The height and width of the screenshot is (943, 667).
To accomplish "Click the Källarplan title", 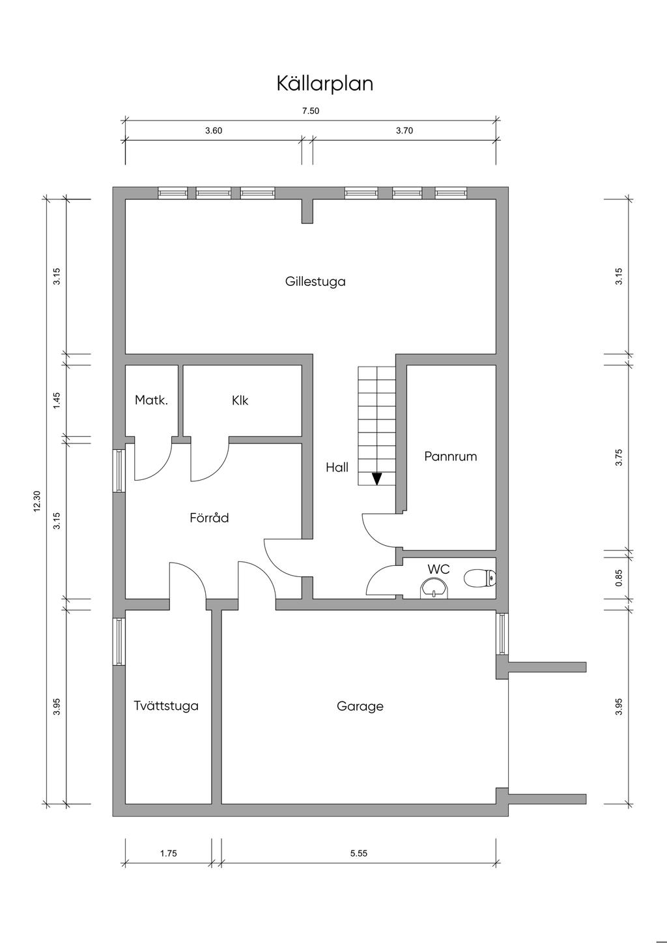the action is pos(324,84).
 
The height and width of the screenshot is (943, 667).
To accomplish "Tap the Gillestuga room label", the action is pos(315,281).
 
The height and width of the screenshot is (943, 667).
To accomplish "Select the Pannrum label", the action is pos(451,457).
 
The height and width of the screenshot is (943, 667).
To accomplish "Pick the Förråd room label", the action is pos(209,517).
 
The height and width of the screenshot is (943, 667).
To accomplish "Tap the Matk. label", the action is pos(151,400).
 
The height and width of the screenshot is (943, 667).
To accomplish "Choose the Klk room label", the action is pos(240,400).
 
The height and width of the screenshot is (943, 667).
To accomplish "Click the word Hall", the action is pos(337,467).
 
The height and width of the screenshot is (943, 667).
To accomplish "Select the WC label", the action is pos(439,569).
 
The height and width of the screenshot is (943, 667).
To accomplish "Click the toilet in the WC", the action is pos(479,578).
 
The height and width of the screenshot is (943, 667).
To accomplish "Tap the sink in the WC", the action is pos(435,587).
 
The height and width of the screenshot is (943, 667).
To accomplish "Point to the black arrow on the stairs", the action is pos(377,479).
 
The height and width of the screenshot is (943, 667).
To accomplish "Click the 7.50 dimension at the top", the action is pos(311,111).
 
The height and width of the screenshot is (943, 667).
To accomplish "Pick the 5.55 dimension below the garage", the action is pos(359,853).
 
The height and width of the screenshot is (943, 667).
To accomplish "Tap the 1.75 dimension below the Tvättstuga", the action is pos(169,853).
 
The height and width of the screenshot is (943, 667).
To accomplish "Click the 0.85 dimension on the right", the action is pos(619,578).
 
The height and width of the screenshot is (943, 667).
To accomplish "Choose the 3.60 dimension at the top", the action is pos(214,130).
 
